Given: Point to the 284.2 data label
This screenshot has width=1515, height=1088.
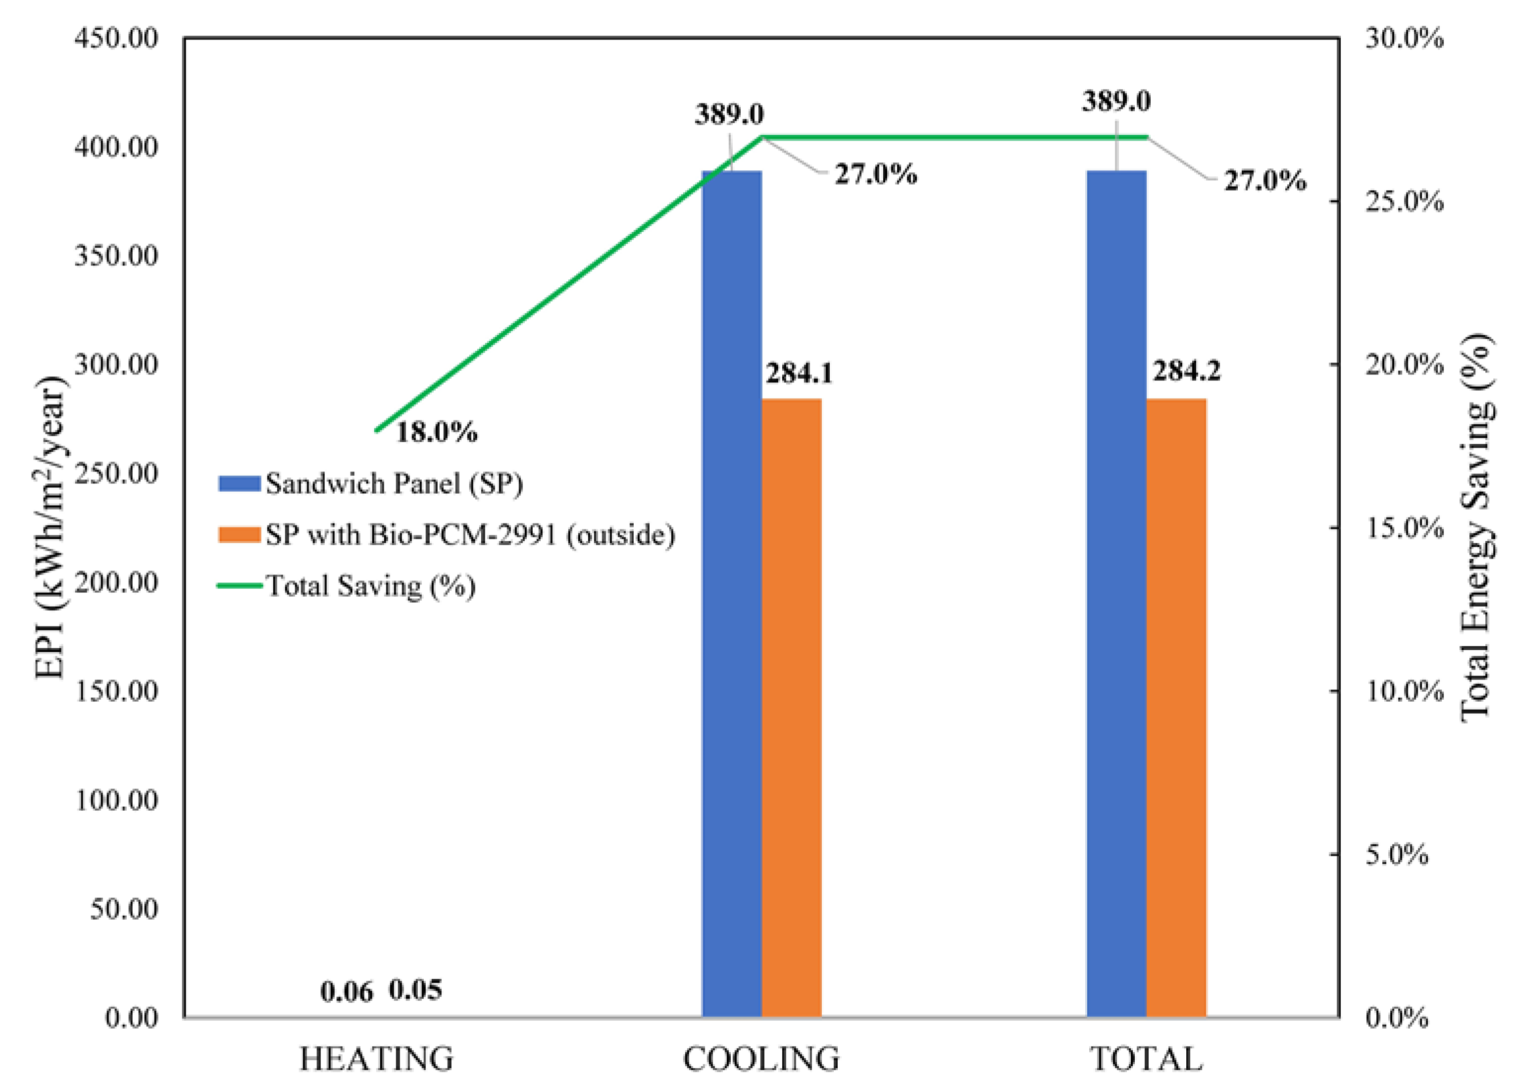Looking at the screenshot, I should point(1186,371).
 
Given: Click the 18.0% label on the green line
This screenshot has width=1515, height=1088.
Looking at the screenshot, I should point(436,432).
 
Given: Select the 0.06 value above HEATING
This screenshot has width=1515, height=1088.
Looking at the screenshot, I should point(346,992).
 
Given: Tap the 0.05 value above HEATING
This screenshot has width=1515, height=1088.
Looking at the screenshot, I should point(415,990).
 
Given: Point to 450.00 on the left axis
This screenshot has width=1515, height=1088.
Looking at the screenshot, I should point(116,38).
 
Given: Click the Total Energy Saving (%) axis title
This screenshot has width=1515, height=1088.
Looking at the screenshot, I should point(1475,528).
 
